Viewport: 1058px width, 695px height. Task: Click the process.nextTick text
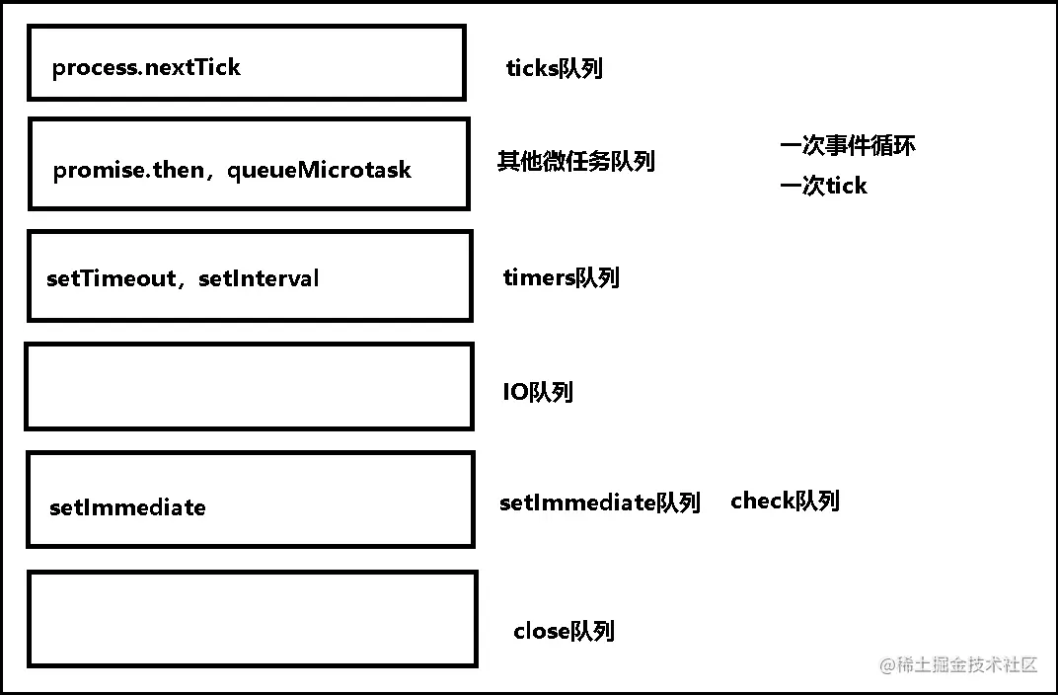(146, 68)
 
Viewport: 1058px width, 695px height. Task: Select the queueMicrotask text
(319, 170)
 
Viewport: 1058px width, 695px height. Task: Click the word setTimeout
(111, 278)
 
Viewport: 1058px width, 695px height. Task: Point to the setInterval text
(259, 278)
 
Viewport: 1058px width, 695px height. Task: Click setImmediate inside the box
(127, 507)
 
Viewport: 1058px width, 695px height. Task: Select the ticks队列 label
(554, 68)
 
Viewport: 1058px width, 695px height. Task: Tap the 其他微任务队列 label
(576, 161)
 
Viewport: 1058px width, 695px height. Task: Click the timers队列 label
(561, 277)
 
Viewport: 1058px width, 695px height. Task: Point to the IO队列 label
(537, 392)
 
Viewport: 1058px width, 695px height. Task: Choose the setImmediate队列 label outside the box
(599, 502)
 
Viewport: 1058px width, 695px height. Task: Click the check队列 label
(785, 501)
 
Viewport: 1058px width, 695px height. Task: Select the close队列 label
(564, 631)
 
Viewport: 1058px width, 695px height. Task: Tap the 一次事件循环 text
(847, 146)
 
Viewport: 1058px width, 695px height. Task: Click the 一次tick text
(823, 186)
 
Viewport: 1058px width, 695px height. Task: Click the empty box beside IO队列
(249, 386)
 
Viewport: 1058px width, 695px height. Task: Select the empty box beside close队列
(252, 618)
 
